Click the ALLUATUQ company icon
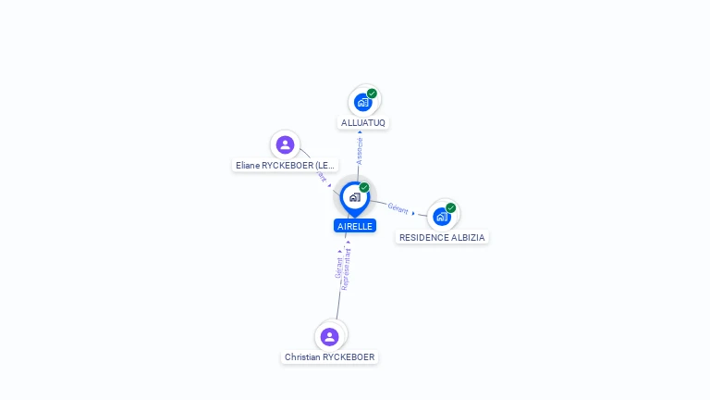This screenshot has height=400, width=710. point(362,102)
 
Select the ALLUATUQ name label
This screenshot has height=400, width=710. point(363,122)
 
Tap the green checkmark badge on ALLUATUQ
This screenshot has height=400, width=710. point(372,94)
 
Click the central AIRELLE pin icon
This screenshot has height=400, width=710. point(354,196)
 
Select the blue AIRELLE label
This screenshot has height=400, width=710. point(355,226)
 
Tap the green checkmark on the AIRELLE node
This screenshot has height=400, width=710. point(364,188)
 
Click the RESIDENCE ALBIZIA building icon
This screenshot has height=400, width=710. point(441,217)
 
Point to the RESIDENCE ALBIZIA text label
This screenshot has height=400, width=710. point(442,237)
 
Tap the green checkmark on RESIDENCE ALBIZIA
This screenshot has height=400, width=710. point(450,208)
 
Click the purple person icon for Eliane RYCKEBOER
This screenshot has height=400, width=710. point(285,144)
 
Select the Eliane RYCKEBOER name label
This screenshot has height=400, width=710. point(285,165)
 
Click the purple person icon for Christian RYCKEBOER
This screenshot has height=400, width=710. point(330,336)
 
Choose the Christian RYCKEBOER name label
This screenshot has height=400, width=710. point(330,356)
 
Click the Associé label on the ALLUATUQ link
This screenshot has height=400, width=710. point(360,151)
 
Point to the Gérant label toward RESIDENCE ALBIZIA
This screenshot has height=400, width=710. point(398,208)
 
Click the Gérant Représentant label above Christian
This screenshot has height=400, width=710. point(342,269)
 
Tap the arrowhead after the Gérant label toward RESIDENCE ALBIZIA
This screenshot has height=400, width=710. point(413,213)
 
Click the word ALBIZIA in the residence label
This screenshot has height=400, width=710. point(466,237)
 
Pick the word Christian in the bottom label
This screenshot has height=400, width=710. point(302,356)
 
